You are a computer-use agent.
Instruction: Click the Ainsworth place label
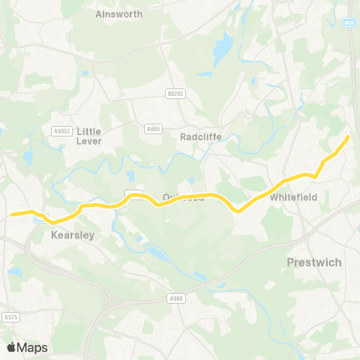click(x=119, y=13)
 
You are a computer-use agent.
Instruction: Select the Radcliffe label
click(x=198, y=137)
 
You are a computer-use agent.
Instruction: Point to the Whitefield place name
click(x=294, y=197)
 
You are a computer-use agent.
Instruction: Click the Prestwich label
click(x=314, y=262)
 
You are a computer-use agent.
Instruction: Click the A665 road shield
click(x=154, y=129)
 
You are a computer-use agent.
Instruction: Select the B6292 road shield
click(x=175, y=94)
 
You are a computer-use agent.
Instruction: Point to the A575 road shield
click(x=10, y=317)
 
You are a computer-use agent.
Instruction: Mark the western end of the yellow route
click(x=11, y=215)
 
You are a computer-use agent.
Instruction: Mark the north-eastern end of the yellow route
click(x=349, y=136)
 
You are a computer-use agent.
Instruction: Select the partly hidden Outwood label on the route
click(x=174, y=198)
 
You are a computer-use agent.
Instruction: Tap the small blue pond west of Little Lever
click(x=28, y=158)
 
